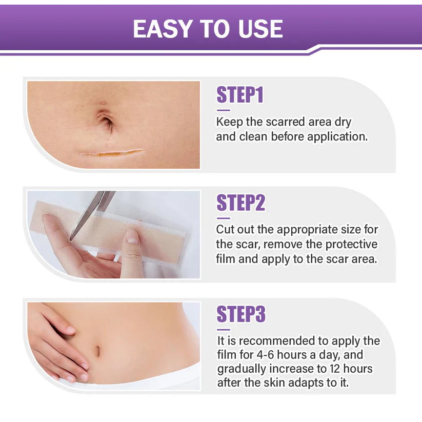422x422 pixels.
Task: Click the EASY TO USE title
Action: tap(208, 29)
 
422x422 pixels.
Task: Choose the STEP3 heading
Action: tap(240, 314)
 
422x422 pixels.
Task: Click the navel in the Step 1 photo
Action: tap(105, 122)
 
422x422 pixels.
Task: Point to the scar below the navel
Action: tap(110, 152)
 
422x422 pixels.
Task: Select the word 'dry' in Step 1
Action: tap(342, 122)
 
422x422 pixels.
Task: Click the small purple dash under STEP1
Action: tap(223, 110)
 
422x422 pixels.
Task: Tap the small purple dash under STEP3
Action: tap(223, 329)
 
